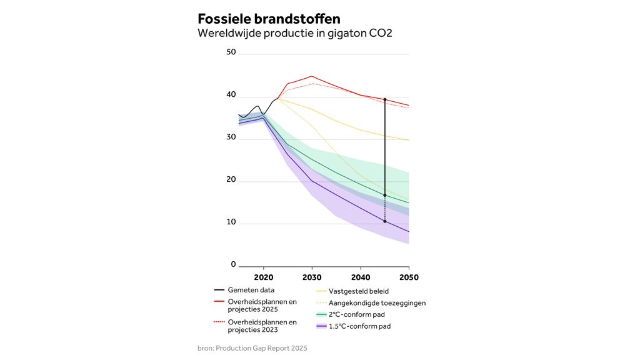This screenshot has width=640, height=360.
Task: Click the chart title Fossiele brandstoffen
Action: (x=269, y=18)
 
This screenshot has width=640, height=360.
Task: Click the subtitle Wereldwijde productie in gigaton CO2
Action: (x=294, y=33)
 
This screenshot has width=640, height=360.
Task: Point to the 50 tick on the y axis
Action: (x=231, y=52)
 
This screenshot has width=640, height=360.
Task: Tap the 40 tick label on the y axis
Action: (x=231, y=95)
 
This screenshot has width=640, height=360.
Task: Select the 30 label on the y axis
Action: (x=231, y=137)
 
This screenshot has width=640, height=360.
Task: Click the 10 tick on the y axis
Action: (x=231, y=222)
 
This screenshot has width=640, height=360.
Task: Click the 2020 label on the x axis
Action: (x=264, y=277)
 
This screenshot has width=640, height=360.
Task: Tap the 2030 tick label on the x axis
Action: (x=312, y=277)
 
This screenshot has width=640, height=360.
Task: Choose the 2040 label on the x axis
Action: (x=361, y=277)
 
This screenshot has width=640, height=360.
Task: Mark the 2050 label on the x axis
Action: (x=409, y=277)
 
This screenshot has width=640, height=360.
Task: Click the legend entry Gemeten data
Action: (x=251, y=290)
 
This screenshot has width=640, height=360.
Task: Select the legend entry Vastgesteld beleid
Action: (x=359, y=291)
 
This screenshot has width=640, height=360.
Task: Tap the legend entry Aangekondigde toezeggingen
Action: (x=377, y=303)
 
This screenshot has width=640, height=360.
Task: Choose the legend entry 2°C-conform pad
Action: (x=357, y=314)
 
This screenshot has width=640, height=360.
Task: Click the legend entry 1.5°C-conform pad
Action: (x=359, y=326)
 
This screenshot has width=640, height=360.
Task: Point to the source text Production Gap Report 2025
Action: (x=261, y=347)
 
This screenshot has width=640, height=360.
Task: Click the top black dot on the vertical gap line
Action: (x=385, y=99)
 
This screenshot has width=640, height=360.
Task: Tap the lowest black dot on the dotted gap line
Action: (x=385, y=221)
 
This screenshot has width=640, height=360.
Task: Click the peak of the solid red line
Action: (x=311, y=76)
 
